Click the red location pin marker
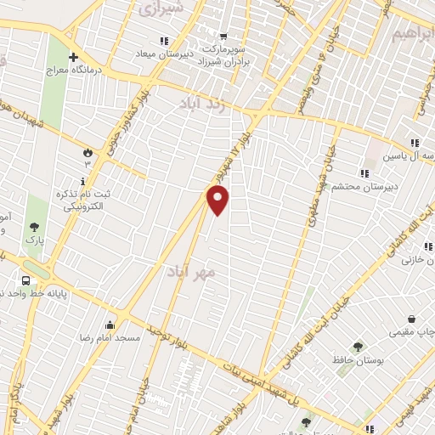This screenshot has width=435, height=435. [x=219, y=201]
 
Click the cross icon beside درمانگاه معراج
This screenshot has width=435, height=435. [x=73, y=57]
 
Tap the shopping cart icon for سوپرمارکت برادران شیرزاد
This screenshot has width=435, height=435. [x=223, y=36]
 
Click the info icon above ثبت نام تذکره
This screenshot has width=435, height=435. [x=82, y=182]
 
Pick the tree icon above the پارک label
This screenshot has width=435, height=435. [x=34, y=227]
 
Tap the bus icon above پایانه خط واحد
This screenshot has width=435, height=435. [x=26, y=280]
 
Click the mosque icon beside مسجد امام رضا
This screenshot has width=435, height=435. [x=110, y=324]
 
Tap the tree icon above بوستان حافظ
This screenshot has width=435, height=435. [x=357, y=346]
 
